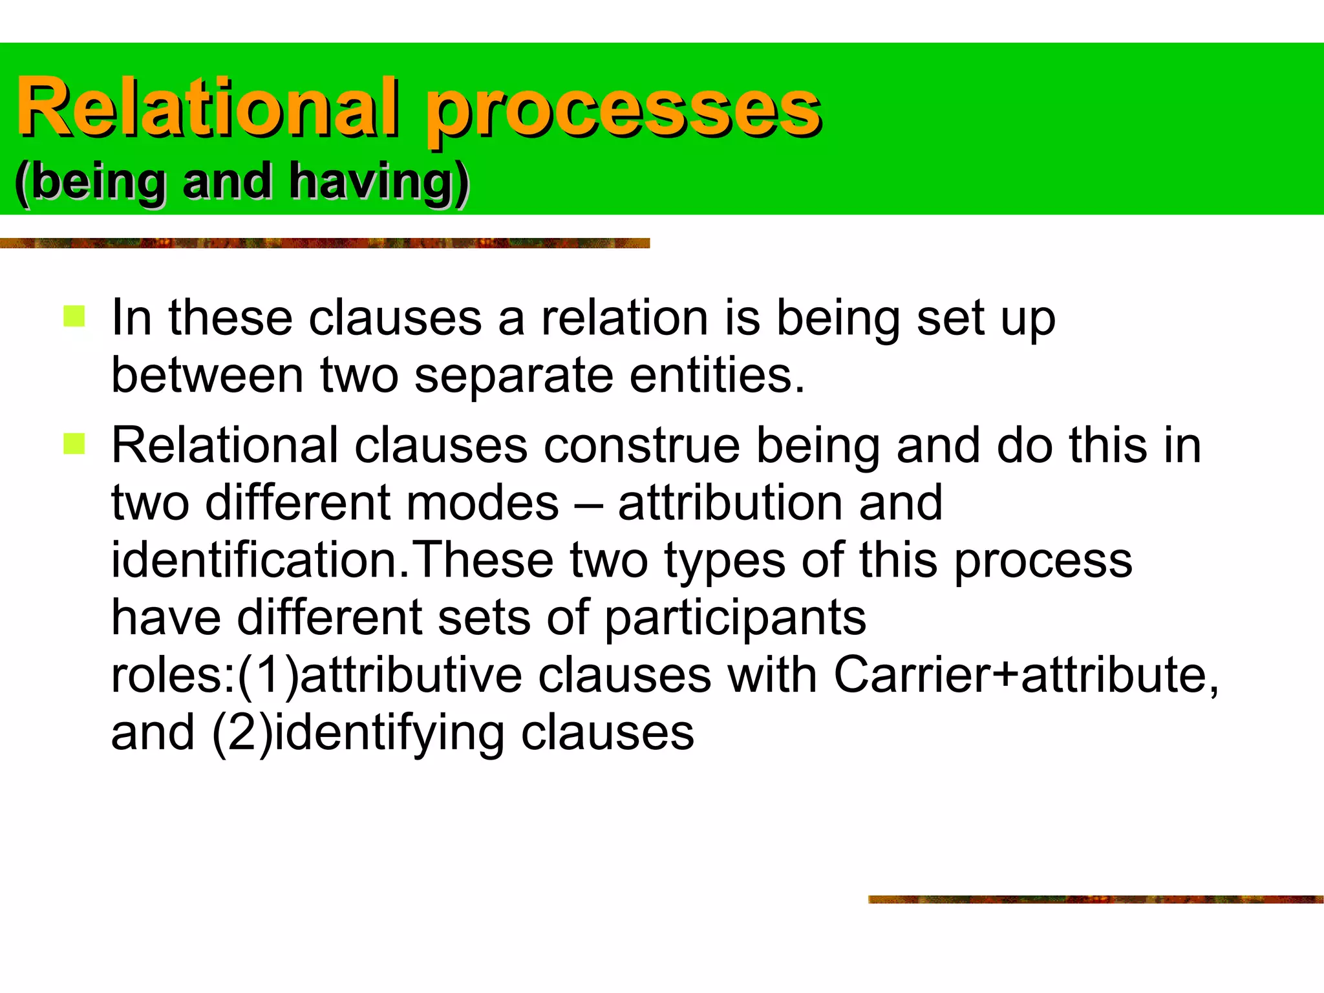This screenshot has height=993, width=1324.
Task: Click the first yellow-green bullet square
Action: point(74,317)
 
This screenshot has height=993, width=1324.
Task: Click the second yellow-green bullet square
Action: point(74,443)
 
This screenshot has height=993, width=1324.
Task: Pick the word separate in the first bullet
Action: point(513,376)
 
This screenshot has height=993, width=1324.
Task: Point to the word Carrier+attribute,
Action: point(1026,674)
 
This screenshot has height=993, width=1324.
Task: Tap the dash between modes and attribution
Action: point(588,504)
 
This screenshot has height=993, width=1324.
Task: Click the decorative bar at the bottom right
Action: point(1095,899)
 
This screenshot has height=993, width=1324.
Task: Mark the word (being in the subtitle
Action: point(91,182)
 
